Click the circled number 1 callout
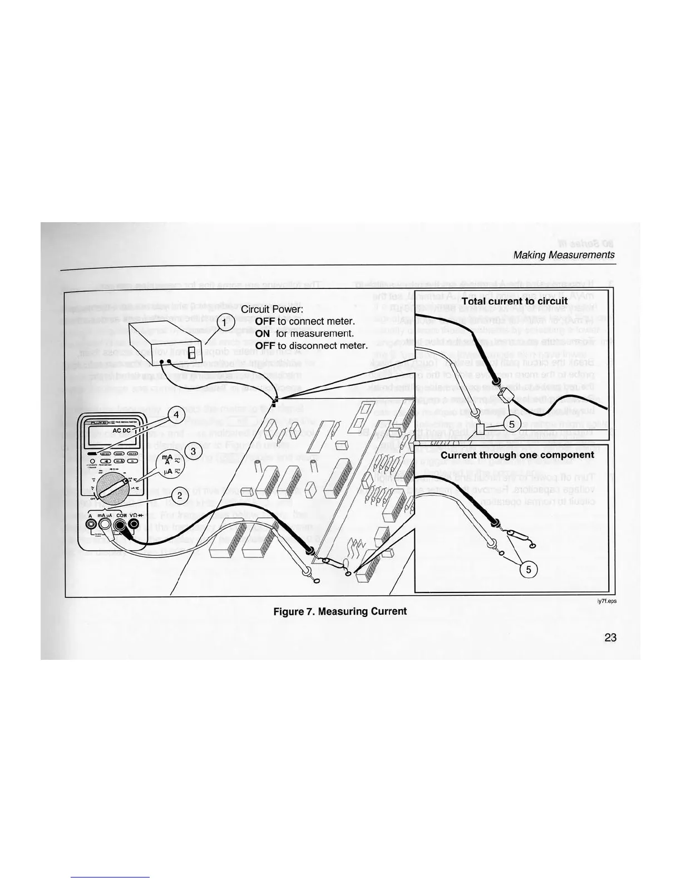tap(222, 322)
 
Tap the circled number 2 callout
tap(180, 495)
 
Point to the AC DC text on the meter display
tap(122, 431)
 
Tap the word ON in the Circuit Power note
tap(263, 333)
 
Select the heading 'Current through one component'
tap(517, 455)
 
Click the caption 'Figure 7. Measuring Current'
tap(340, 611)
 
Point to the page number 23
tap(610, 638)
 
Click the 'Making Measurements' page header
tap(564, 255)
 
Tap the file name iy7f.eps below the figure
tap(607, 601)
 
